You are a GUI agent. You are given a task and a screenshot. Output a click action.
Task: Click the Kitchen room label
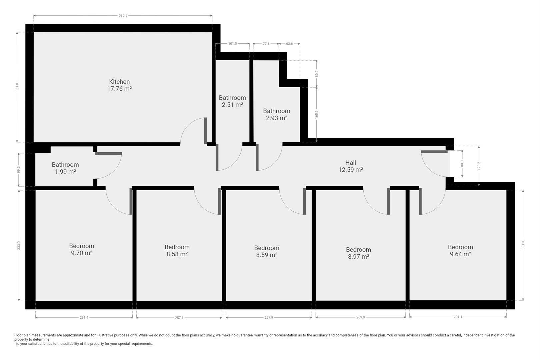(119, 82)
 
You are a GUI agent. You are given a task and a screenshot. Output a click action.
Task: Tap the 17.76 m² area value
(119, 89)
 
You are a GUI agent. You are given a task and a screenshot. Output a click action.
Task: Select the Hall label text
(350, 163)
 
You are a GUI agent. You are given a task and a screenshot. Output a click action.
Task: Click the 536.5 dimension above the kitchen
(123, 15)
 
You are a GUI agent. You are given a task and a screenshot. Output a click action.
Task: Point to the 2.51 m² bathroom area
(232, 105)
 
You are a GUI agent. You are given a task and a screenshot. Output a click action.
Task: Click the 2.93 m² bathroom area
(276, 118)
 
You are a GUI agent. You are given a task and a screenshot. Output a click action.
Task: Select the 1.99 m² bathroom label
(65, 172)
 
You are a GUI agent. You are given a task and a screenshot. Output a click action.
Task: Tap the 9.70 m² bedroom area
(81, 253)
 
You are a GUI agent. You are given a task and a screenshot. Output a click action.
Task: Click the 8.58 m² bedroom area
(177, 254)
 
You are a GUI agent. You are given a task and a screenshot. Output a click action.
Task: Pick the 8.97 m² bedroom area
(358, 257)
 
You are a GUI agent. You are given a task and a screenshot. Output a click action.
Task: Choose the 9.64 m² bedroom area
(460, 254)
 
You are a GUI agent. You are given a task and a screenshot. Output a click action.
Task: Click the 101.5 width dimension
(232, 44)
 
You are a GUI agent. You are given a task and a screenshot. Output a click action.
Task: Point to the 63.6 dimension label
(289, 44)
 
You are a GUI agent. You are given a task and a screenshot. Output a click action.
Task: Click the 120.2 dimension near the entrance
(479, 166)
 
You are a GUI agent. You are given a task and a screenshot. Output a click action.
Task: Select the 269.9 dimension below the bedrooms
(361, 317)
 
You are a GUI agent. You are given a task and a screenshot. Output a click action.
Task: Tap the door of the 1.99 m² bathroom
(108, 153)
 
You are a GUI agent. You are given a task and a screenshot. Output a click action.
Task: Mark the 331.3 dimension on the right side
(523, 245)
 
